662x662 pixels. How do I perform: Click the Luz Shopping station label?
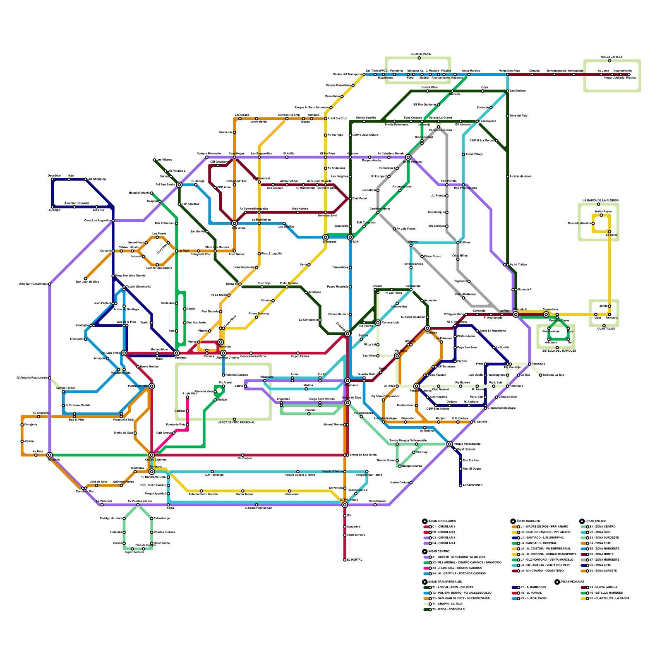(97, 179)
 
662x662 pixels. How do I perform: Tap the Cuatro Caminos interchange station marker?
(152, 455)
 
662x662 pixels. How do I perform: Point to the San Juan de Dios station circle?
(86, 278)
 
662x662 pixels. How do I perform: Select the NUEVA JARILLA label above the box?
(612, 57)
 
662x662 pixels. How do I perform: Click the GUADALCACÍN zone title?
(421, 54)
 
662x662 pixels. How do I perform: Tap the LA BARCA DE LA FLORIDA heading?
(600, 200)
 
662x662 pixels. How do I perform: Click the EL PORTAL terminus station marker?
(345, 560)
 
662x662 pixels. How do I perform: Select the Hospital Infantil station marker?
(152, 193)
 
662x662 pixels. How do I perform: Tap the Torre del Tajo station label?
(518, 116)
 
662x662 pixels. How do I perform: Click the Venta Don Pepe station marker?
(508, 74)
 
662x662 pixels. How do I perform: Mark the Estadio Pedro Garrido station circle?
(201, 491)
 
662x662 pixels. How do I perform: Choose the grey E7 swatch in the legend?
(584, 560)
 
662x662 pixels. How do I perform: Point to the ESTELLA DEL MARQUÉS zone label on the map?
(559, 350)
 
